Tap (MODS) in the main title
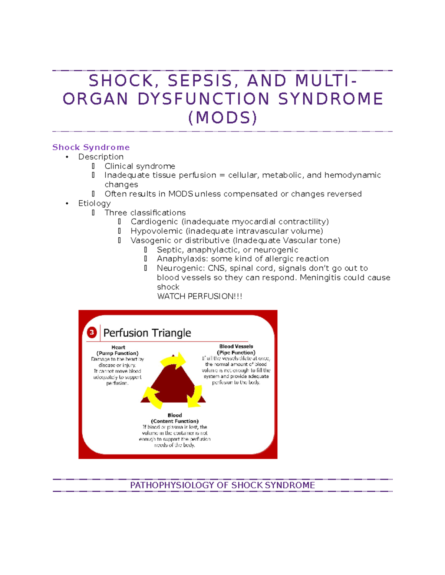[222, 118]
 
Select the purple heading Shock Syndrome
[91, 147]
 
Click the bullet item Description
[101, 157]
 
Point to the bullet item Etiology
[94, 203]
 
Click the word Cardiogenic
[154, 222]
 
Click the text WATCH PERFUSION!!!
[200, 296]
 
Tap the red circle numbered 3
[92, 332]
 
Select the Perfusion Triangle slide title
[147, 333]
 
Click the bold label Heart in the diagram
[118, 347]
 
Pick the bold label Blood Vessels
[236, 347]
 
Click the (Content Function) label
[175, 421]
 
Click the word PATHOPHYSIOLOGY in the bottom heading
[172, 485]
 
